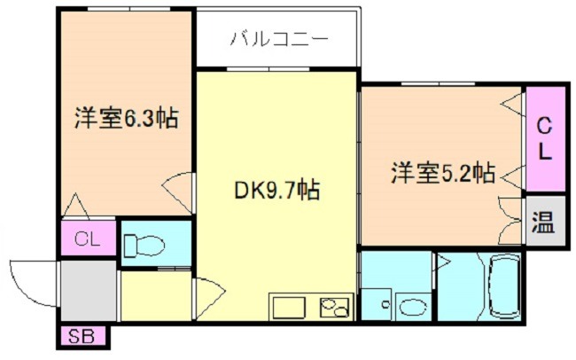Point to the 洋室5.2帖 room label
click(x=441, y=173)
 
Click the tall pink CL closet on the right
click(x=545, y=138)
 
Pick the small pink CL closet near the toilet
click(x=88, y=239)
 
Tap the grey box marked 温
click(x=544, y=221)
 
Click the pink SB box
click(x=83, y=337)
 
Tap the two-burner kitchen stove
click(x=335, y=307)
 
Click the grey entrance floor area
click(x=89, y=289)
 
